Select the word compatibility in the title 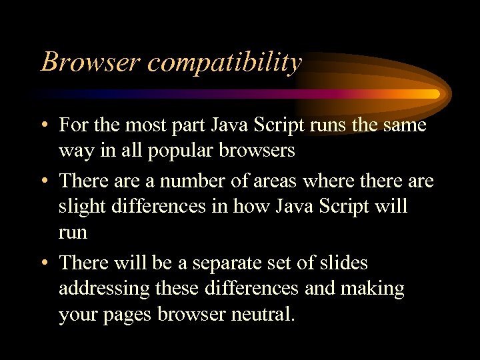(x=225, y=63)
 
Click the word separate (x=232, y=263)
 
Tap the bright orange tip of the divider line (x=433, y=94)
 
